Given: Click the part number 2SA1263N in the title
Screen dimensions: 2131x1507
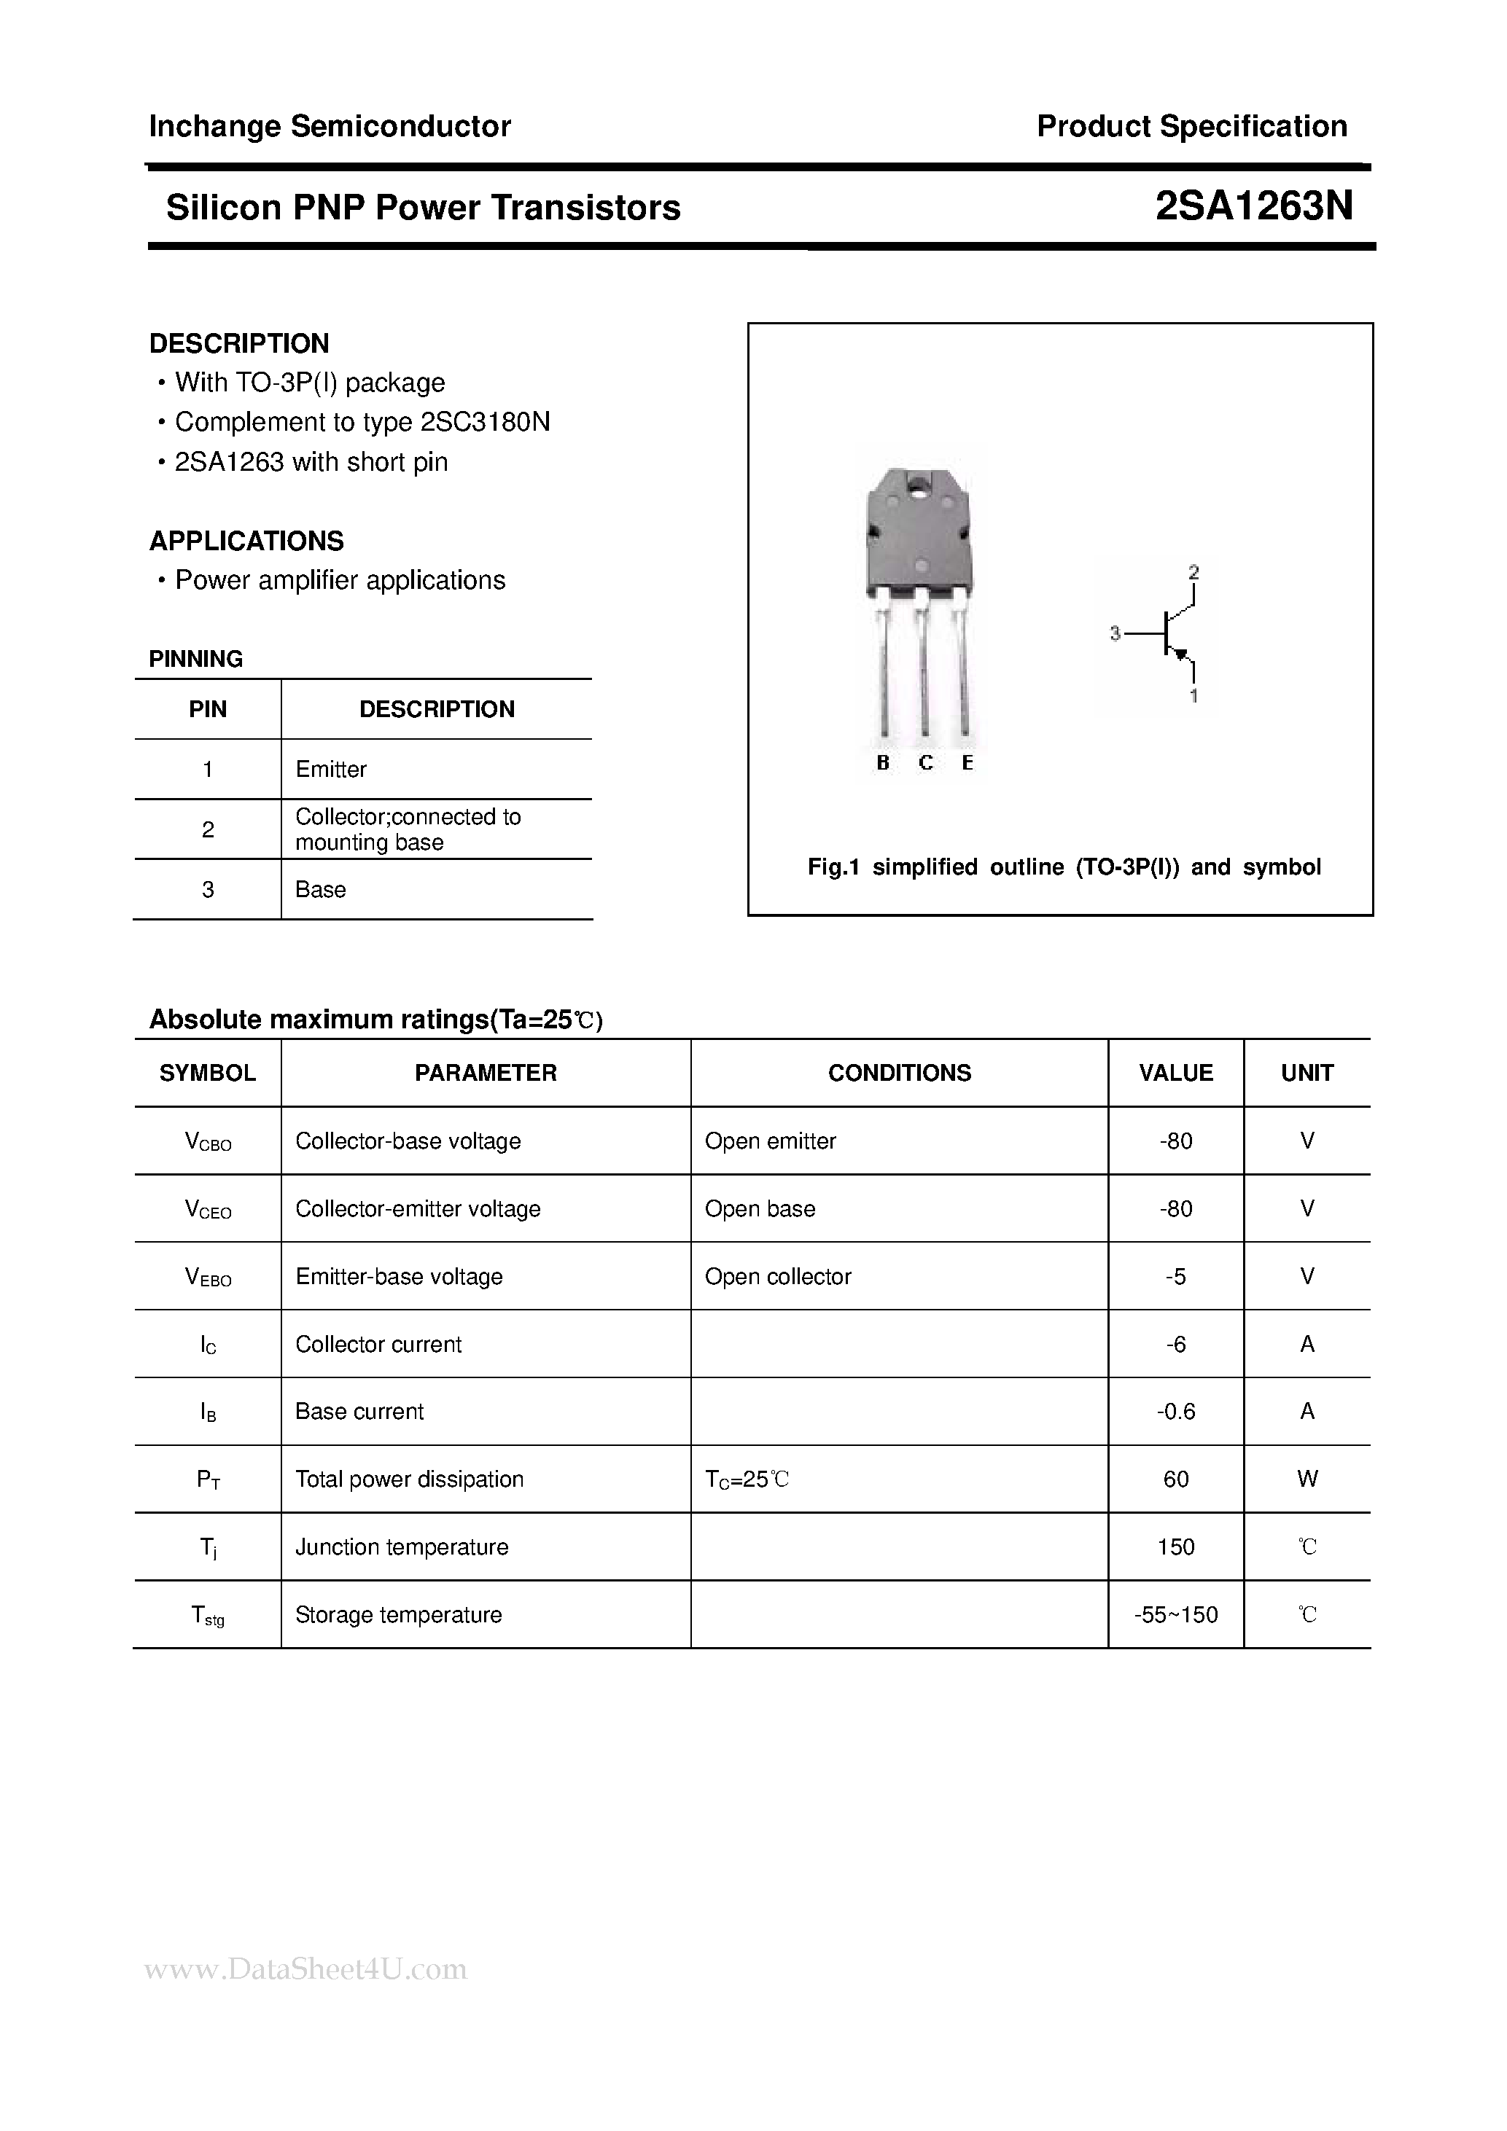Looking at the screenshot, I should coord(1253,206).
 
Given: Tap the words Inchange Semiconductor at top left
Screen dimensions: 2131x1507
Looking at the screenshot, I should coord(330,126).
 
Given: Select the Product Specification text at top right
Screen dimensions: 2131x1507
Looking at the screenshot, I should coord(1191,126).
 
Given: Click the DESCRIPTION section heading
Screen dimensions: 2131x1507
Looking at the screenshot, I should coord(238,343).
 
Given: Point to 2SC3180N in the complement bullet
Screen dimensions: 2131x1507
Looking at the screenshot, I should coord(485,422).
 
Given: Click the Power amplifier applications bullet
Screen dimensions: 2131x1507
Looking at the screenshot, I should coord(340,580).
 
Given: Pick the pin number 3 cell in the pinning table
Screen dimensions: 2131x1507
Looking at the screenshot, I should coord(207,889).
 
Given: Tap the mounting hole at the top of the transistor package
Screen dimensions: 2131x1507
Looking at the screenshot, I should coord(919,484).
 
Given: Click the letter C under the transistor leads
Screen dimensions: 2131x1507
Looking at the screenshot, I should coord(924,763).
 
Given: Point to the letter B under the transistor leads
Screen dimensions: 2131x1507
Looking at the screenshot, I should coord(882,763).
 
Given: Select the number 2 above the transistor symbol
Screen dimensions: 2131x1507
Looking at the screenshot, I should coord(1193,573).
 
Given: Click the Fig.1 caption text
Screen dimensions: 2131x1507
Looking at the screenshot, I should coord(1063,867).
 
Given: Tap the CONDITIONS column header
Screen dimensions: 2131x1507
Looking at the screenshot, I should coord(899,1073).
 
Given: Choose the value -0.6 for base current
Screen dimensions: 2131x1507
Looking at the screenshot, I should coord(1175,1412).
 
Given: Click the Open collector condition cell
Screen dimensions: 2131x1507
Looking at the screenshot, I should coord(777,1276).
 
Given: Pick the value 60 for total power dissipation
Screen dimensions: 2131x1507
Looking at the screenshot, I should coord(1175,1479).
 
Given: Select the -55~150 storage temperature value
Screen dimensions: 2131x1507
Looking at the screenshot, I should coord(1175,1615).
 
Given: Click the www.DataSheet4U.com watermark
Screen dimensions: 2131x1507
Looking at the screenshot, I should coord(306,1969).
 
